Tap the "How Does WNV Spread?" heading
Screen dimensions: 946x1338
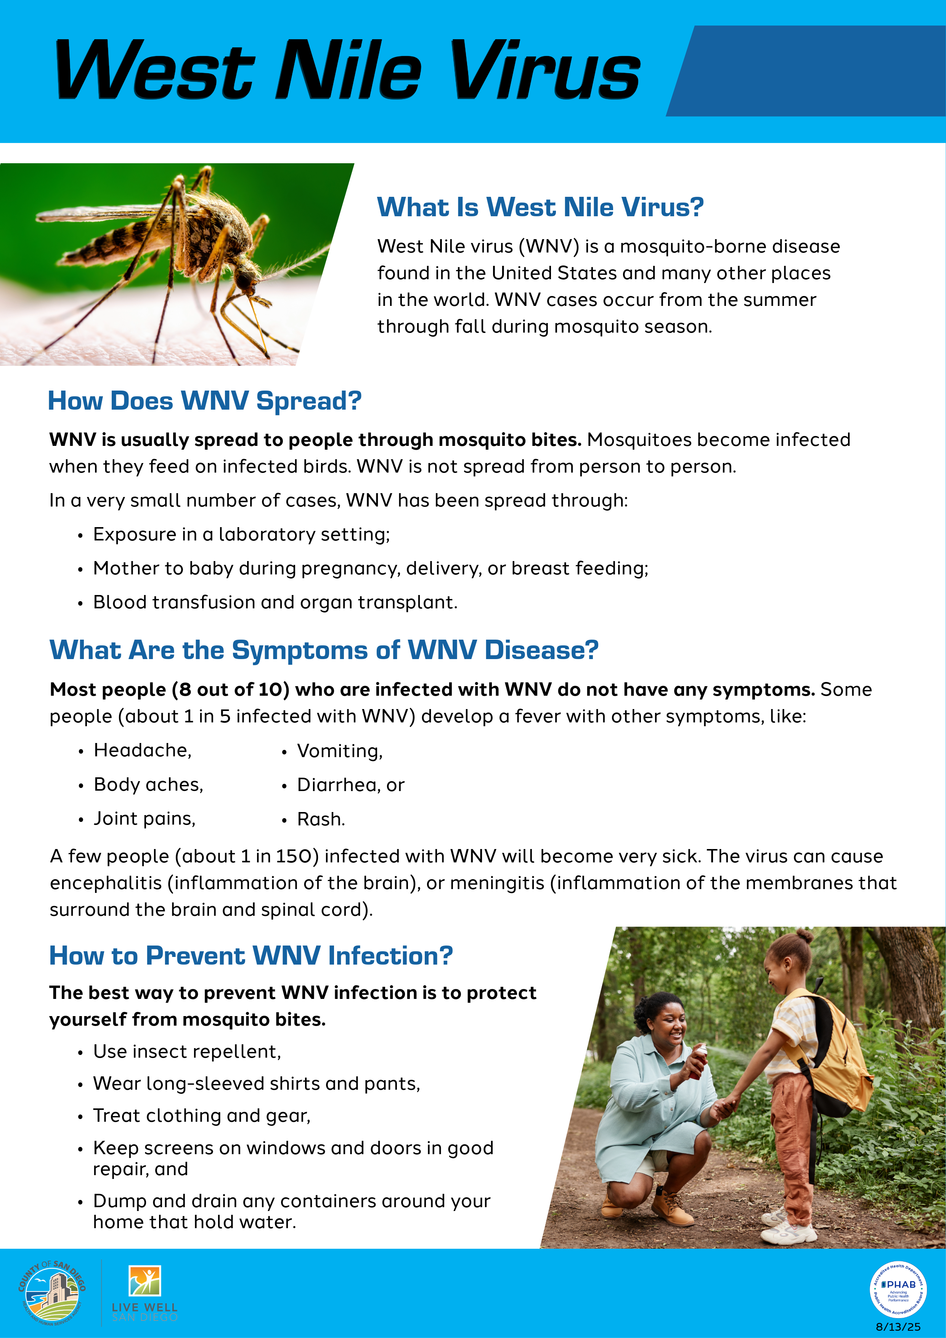[x=204, y=401]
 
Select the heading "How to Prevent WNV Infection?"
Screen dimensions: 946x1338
[x=251, y=956]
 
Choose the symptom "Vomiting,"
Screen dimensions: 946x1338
[x=340, y=751]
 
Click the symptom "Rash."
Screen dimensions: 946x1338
[x=321, y=819]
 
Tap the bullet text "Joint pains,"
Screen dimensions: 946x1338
[x=145, y=819]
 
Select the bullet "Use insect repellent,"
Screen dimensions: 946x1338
[x=187, y=1051]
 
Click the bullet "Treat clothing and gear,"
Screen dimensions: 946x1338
[x=202, y=1115]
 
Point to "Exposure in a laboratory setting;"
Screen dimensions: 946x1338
[x=241, y=534]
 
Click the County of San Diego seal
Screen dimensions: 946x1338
[x=52, y=1293]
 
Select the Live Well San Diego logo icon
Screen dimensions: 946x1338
[x=145, y=1280]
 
